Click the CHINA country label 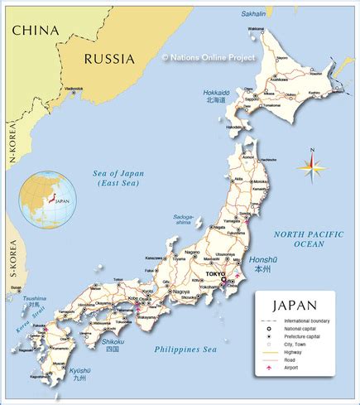(35, 30)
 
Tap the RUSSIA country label (108, 58)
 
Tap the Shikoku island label (113, 340)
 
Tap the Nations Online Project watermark (209, 57)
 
